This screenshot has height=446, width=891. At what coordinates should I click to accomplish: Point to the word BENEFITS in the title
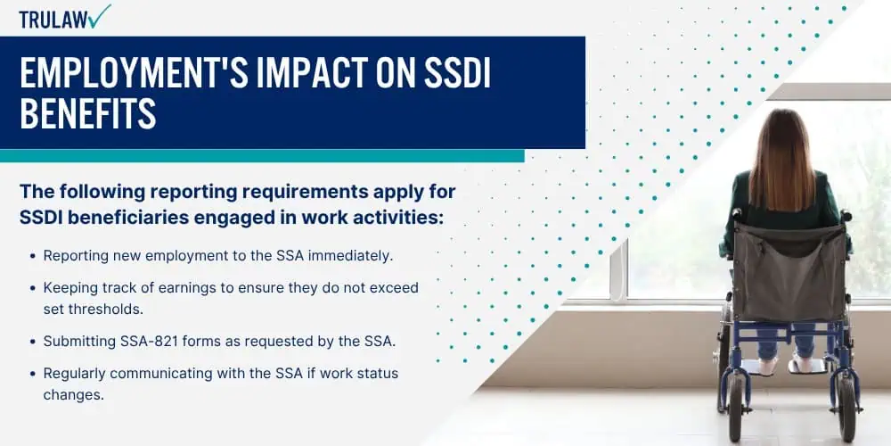(88, 113)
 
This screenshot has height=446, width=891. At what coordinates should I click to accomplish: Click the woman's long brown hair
(784, 156)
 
